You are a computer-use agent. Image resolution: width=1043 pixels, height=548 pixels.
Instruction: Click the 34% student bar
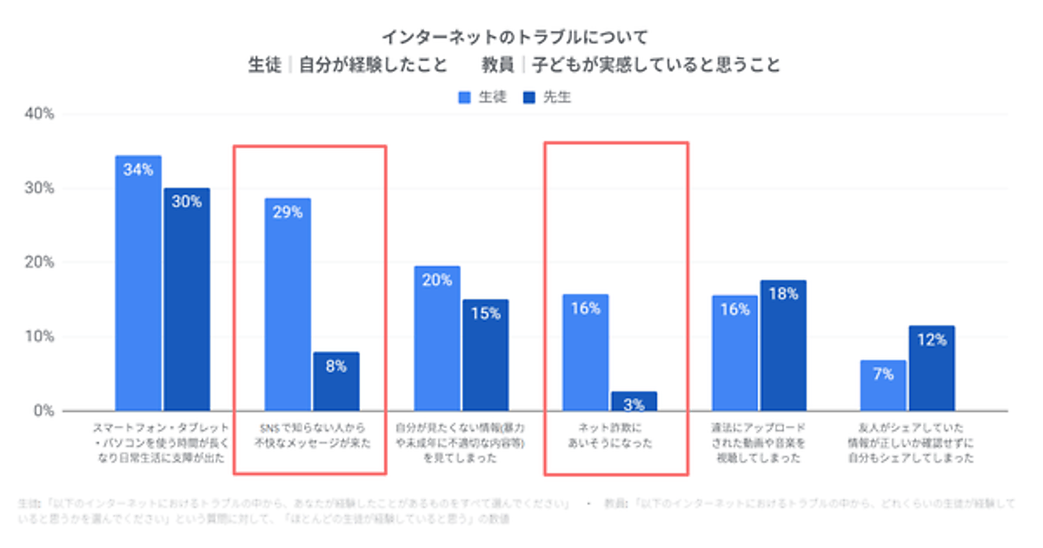tap(138, 283)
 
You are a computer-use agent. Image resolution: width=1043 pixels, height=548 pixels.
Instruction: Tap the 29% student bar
tap(288, 304)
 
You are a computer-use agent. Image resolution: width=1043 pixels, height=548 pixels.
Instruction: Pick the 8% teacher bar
tap(336, 381)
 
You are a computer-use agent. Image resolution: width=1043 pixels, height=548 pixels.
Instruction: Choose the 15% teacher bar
tap(485, 355)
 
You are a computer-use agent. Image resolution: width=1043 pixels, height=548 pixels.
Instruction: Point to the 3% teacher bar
tap(634, 401)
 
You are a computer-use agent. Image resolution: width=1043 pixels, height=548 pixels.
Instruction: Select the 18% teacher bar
tap(783, 345)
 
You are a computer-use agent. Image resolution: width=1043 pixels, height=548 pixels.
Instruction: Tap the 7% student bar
tap(882, 385)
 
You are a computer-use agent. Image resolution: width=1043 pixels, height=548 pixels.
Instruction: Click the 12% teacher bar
tap(931, 368)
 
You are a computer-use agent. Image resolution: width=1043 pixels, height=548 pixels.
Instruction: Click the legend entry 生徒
tap(482, 97)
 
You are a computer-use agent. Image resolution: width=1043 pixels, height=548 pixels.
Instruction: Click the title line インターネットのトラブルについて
tap(515, 37)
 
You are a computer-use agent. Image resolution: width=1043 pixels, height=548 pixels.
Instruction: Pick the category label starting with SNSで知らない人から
tap(311, 435)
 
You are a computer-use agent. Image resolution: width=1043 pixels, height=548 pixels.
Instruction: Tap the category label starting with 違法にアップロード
tap(759, 443)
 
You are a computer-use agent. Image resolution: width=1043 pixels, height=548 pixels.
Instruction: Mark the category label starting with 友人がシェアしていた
tap(907, 443)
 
